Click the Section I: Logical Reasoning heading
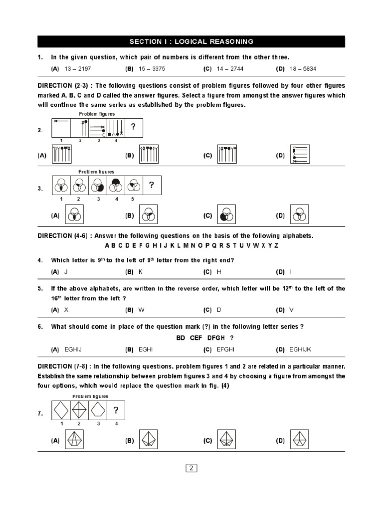click(x=191, y=41)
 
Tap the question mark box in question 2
click(x=133, y=127)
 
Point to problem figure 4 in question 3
click(x=116, y=186)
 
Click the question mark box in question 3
click(x=152, y=187)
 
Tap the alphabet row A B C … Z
click(x=191, y=246)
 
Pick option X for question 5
click(x=66, y=309)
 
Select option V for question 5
click(x=292, y=309)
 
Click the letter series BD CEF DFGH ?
click(x=205, y=338)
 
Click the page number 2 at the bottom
click(x=191, y=468)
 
